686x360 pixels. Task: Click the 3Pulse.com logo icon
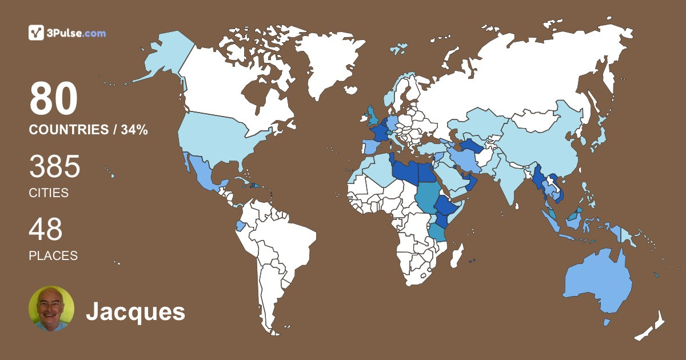pos(36,33)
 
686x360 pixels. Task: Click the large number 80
pos(53,99)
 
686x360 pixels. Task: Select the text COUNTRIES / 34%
pos(88,130)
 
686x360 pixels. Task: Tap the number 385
pos(54,167)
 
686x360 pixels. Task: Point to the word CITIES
pos(49,193)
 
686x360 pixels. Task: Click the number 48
pos(45,229)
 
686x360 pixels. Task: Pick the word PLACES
pos(53,256)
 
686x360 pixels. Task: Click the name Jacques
pos(135,312)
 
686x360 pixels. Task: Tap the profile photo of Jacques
pos(51,309)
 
